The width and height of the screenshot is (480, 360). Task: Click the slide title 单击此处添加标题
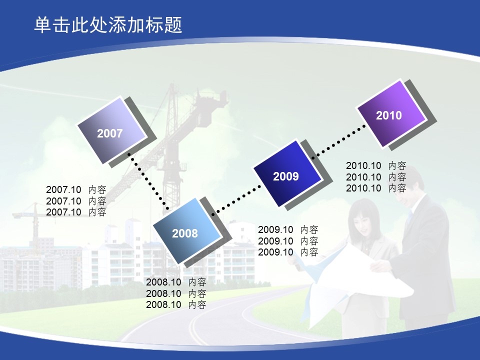[x=108, y=25]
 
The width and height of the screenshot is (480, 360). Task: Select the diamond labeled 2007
[x=112, y=130]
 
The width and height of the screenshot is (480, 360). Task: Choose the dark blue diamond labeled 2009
[x=287, y=173]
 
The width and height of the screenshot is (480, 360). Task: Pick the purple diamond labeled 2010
[x=391, y=113]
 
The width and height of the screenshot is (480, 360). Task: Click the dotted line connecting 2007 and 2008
[x=148, y=181]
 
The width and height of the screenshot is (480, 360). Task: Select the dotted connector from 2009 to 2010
[x=338, y=141]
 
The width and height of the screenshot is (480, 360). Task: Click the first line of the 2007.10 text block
[x=76, y=190]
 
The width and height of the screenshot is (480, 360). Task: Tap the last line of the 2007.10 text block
[x=76, y=212]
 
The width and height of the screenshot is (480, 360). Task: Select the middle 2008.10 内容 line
[x=176, y=293]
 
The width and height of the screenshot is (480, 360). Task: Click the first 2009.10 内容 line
[x=288, y=229]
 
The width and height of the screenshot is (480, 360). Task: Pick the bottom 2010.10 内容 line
[x=376, y=188]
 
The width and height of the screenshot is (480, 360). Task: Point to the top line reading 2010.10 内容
[x=376, y=165]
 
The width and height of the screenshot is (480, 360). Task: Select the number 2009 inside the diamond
[x=286, y=176]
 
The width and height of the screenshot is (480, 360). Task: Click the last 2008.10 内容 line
[x=176, y=304]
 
